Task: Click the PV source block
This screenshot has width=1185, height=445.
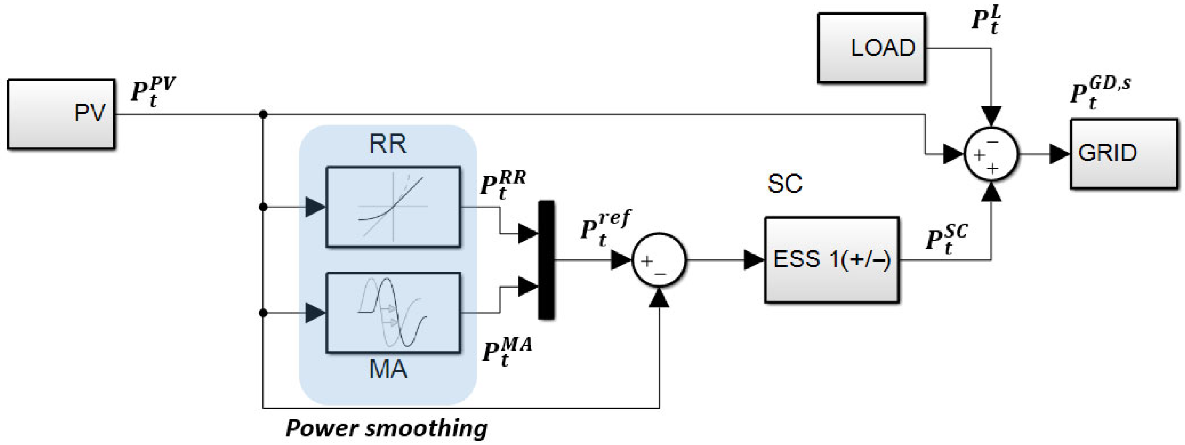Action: coord(61,113)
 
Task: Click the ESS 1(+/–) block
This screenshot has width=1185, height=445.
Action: coord(831,259)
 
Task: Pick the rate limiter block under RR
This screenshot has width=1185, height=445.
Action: coord(393,207)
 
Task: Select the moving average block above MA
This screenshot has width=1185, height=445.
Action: coord(393,312)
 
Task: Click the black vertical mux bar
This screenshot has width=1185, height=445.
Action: coord(546,260)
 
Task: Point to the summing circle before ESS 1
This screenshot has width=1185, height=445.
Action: coord(659,260)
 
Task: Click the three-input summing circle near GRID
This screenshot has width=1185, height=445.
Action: coord(991,153)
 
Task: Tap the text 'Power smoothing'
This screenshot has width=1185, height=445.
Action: coord(387,428)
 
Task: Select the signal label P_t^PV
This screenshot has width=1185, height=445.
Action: coord(152,91)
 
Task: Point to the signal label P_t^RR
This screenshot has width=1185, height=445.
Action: coord(502,185)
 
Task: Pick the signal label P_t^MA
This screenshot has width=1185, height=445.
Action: coord(506,351)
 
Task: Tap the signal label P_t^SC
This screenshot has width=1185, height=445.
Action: coord(946,239)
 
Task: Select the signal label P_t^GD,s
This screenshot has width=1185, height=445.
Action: coord(1099,94)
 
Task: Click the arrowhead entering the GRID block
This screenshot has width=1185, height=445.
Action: coord(1060,153)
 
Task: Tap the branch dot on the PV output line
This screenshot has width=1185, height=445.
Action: coord(263,114)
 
